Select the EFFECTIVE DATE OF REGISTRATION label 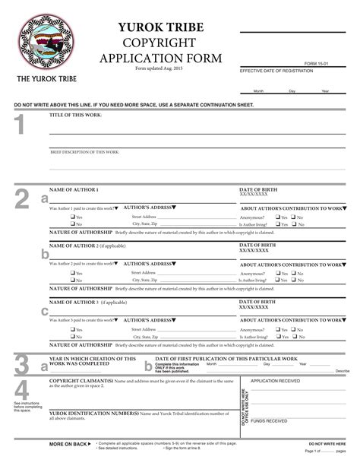pyautogui.click(x=276, y=70)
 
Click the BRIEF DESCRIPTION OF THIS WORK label pyautogui.click(x=85, y=152)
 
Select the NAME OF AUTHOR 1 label pyautogui.click(x=74, y=189)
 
